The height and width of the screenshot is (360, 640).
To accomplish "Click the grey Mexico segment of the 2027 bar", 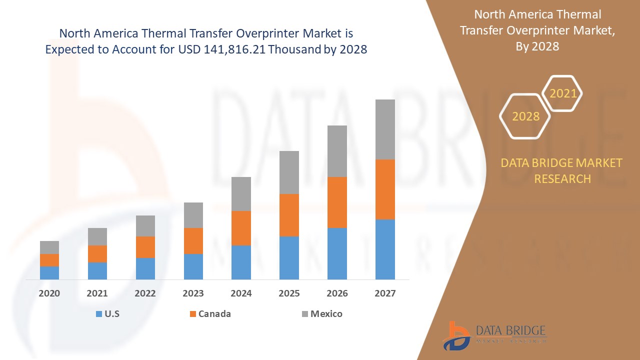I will tap(385, 129).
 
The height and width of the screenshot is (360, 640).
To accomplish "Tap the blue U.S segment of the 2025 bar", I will tap(289, 257).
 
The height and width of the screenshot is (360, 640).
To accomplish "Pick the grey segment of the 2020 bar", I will tap(49, 247).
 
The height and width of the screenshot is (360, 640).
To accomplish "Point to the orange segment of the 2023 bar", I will tap(193, 240).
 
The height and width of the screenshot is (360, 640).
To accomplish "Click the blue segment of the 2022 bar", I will tap(145, 268).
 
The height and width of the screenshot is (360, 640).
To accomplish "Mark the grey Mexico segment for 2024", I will tap(241, 193).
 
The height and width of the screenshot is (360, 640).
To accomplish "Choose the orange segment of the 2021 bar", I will tap(97, 253).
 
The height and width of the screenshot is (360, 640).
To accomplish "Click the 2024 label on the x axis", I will tap(241, 293).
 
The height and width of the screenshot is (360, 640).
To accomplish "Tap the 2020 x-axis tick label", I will tap(49, 293).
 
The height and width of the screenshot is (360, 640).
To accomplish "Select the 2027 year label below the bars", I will tap(385, 293).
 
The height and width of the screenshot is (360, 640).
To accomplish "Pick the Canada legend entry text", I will tap(214, 314).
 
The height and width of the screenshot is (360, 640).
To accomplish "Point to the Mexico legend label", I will tap(326, 314).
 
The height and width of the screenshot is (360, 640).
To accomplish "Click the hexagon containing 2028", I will tap(525, 116).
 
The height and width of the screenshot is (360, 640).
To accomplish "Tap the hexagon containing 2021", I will tap(562, 93).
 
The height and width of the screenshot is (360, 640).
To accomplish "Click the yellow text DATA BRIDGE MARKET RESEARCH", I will tap(562, 170).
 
